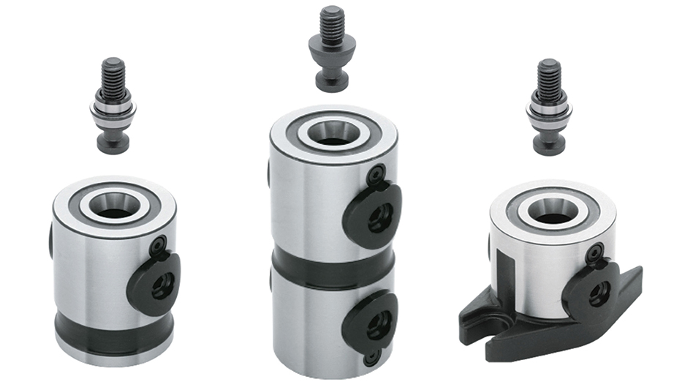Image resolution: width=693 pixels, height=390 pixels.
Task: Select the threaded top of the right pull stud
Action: [549, 75]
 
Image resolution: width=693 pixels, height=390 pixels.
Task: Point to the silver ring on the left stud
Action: [113, 110]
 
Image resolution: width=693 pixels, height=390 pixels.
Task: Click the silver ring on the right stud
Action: [549, 110]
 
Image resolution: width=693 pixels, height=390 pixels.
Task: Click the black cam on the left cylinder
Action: [154, 282]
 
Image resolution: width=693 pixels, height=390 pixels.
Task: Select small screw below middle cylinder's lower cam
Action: [372, 358]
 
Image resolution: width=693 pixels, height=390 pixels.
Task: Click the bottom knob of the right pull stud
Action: [549, 143]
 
